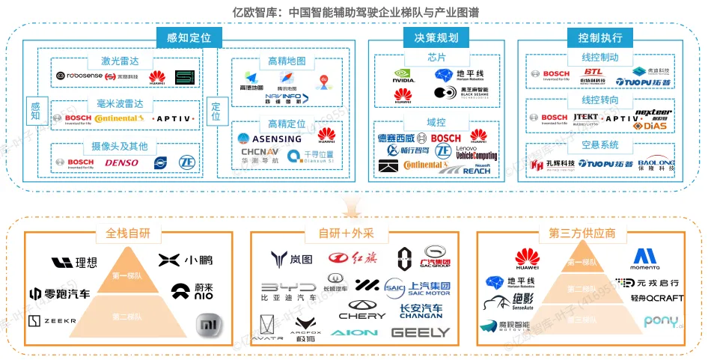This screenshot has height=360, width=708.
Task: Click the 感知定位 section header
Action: pyautogui.click(x=183, y=37)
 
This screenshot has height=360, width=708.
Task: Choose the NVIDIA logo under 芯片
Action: pyautogui.click(x=404, y=76)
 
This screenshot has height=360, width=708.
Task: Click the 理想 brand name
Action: pyautogui.click(x=74, y=262)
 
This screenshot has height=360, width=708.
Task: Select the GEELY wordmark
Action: pyautogui.click(x=421, y=332)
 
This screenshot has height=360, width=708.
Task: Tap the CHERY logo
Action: pyautogui.click(x=361, y=310)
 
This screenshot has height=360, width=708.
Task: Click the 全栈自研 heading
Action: pyautogui.click(x=129, y=233)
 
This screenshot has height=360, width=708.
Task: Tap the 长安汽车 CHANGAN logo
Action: pyautogui.click(x=421, y=311)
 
